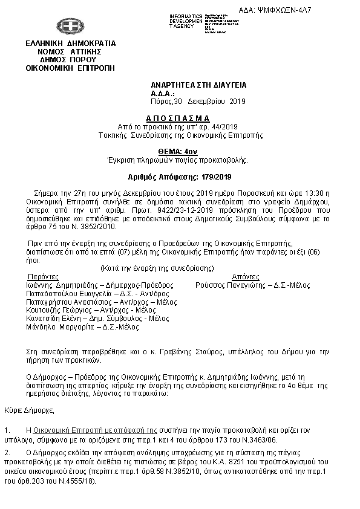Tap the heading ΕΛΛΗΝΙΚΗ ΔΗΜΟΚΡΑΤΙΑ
coord(71,44)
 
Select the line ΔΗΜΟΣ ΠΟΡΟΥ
coord(71,60)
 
